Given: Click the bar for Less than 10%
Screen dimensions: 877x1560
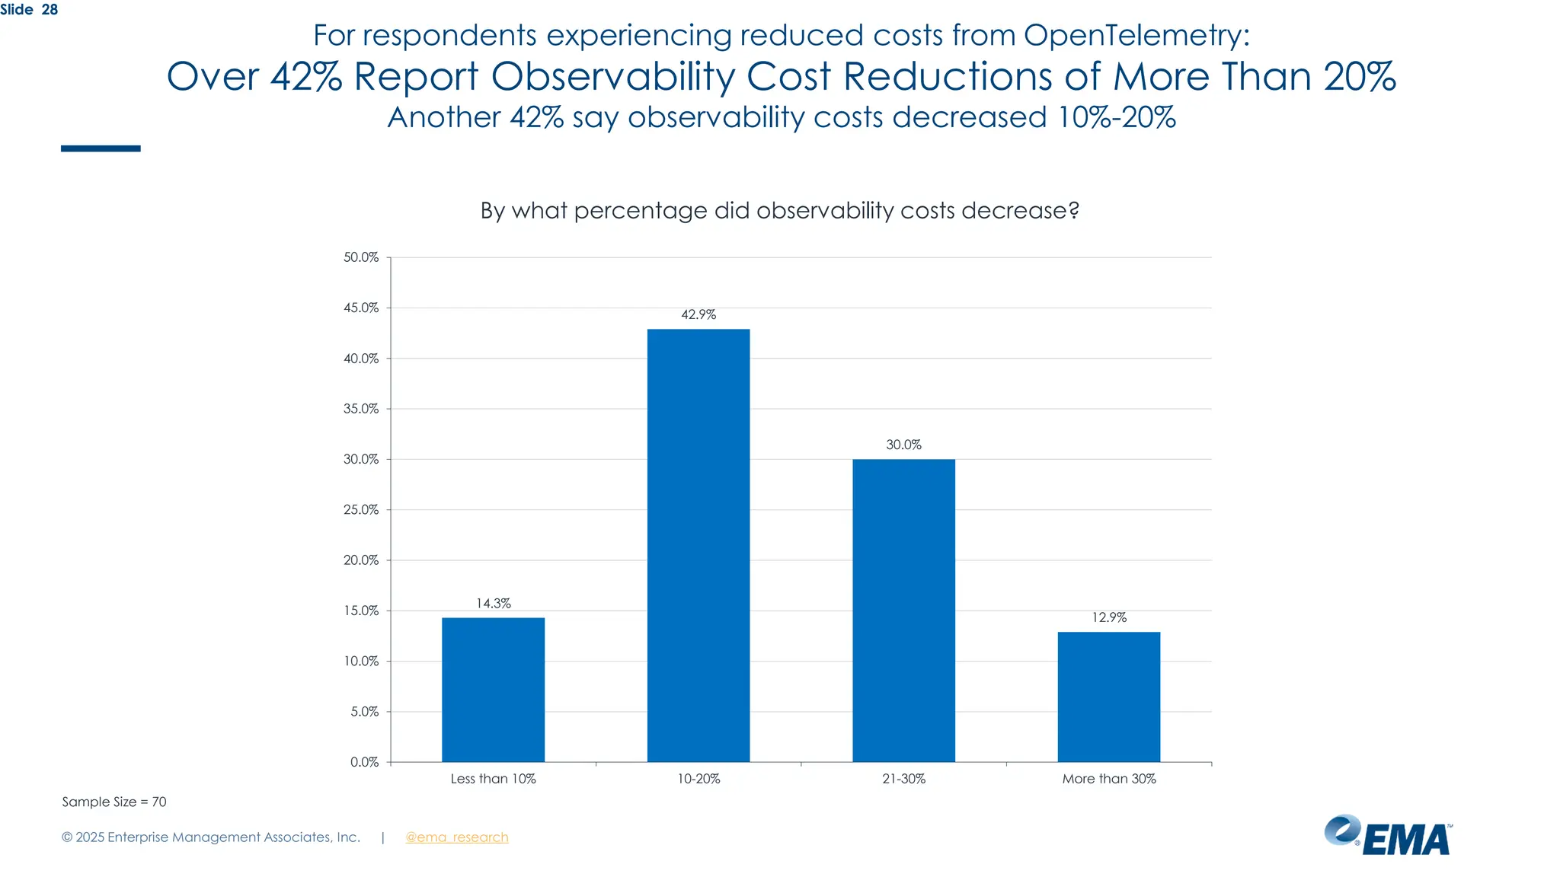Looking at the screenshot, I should click(493, 689).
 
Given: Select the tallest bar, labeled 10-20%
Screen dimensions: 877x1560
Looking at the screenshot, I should click(698, 545).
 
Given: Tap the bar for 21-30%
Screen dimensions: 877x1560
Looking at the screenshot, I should click(903, 610).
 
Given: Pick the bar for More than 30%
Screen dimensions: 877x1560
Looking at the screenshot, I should click(1108, 697).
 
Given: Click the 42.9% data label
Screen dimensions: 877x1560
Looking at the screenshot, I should click(698, 314).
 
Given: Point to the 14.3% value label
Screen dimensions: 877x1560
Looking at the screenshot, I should click(493, 603).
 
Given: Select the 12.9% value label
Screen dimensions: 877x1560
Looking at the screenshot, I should click(1108, 617).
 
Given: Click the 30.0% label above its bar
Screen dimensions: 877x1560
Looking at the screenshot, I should click(903, 445).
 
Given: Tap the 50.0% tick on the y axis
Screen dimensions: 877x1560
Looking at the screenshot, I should click(361, 257).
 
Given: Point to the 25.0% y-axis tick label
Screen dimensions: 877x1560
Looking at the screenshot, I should click(361, 509).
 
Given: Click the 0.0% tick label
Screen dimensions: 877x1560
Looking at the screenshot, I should click(364, 762).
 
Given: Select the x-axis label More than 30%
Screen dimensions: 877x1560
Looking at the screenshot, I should click(1108, 779).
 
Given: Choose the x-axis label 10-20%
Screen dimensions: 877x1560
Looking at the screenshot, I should click(698, 779).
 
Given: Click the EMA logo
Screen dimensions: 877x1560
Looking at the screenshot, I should click(1388, 835).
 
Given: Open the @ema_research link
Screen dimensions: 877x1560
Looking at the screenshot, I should click(456, 837).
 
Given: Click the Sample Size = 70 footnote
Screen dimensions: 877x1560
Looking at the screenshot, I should click(114, 802).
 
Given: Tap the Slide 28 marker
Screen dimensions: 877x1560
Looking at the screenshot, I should click(29, 10).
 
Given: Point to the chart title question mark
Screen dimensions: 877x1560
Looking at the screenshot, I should click(1074, 211).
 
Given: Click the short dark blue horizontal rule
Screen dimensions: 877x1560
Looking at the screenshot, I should click(101, 148).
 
